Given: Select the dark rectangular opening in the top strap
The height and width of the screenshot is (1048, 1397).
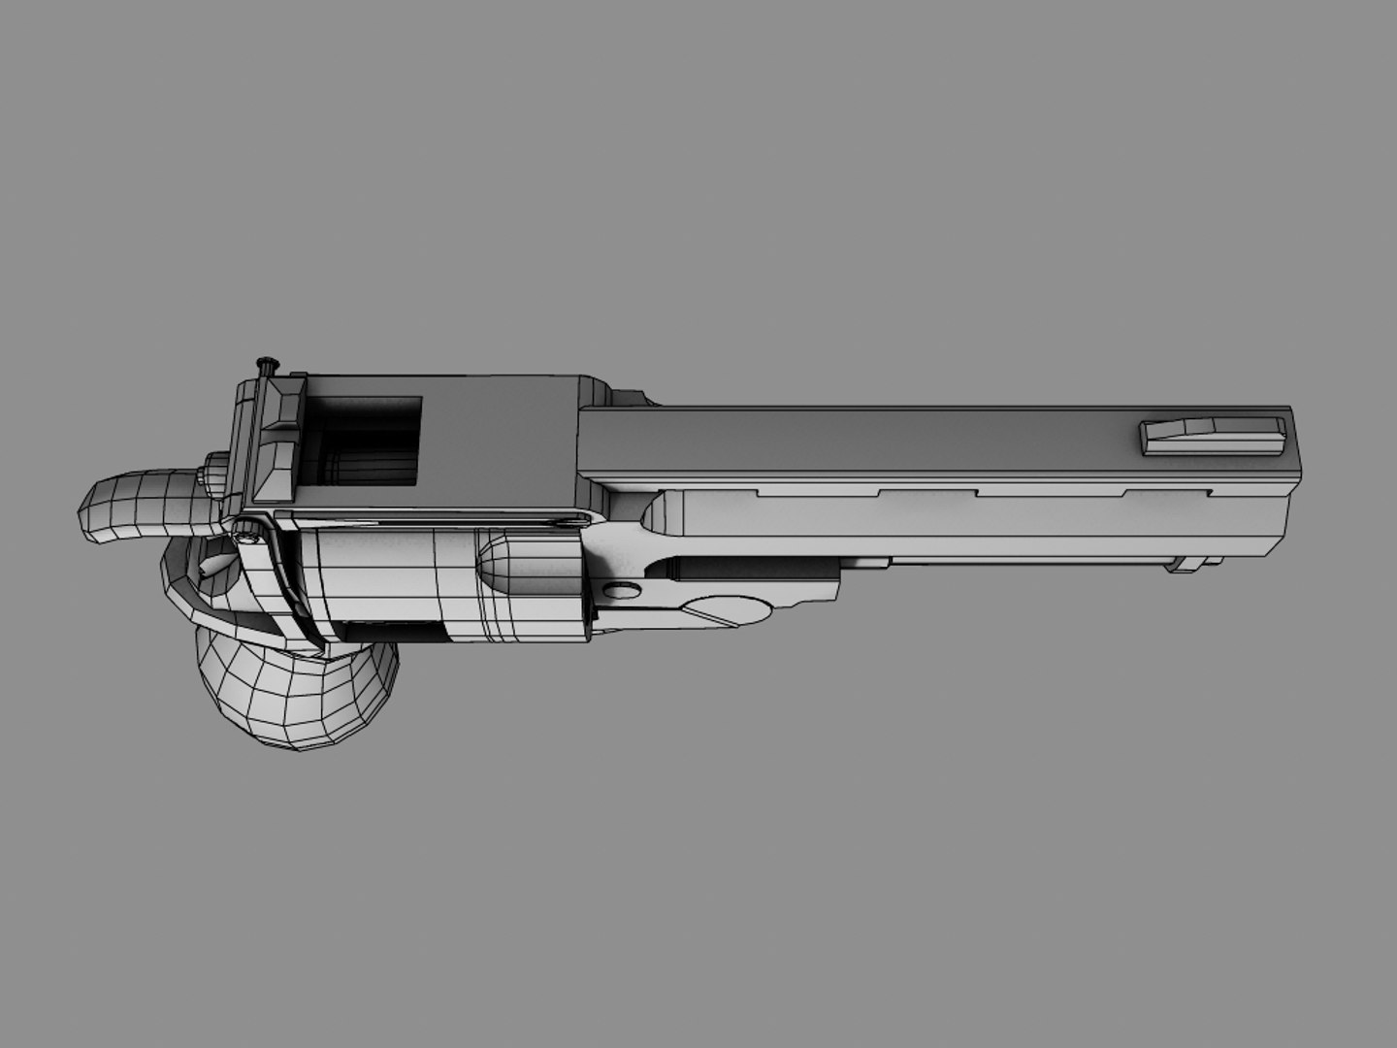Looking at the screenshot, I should click(x=369, y=439).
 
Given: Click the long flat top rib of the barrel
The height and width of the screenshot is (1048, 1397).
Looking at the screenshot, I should click(x=873, y=442).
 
